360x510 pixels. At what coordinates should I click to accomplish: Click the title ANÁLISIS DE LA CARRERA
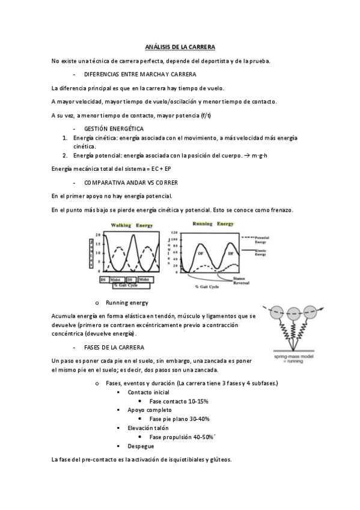[180, 46]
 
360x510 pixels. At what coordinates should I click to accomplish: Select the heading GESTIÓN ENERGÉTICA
[114, 129]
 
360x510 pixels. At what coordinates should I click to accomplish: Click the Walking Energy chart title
[130, 225]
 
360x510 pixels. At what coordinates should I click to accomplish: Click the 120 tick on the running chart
[175, 233]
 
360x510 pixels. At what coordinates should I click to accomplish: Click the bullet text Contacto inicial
[147, 392]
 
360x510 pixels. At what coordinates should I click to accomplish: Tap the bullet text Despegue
[141, 446]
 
